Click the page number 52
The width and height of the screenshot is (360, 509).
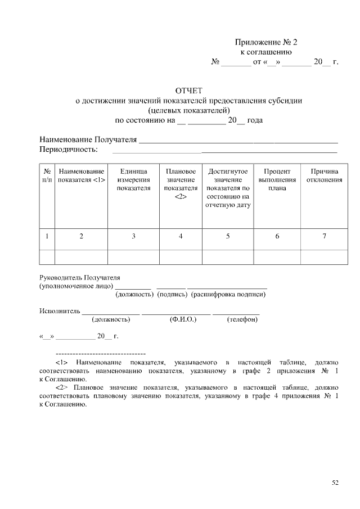(x=335, y=482)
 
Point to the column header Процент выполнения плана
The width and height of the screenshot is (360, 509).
(x=277, y=179)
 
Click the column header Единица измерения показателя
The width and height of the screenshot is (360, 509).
(x=133, y=179)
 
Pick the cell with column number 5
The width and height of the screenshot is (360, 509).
(x=227, y=236)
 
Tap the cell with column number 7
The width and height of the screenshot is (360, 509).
(x=324, y=236)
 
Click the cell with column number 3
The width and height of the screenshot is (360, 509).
(x=133, y=236)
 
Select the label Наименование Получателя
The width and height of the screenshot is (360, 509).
(x=88, y=139)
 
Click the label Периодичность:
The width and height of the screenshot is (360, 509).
(x=69, y=150)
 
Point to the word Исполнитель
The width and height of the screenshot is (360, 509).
(x=60, y=310)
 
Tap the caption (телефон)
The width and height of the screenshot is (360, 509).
(x=242, y=319)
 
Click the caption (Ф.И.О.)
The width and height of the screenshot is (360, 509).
(x=183, y=319)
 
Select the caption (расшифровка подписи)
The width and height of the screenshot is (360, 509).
(x=228, y=294)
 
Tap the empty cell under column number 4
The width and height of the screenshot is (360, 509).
(x=181, y=256)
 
